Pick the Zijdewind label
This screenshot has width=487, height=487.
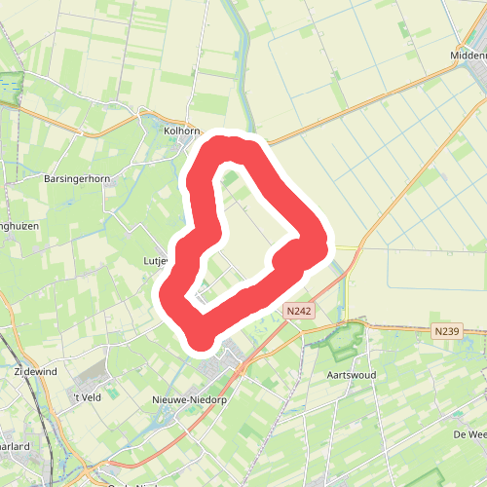pos(35,372)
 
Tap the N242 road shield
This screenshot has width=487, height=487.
pos(298,311)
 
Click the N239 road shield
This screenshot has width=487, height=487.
pos(447,332)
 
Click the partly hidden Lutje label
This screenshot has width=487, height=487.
pos(156,261)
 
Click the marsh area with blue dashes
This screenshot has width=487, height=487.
pos(9,88)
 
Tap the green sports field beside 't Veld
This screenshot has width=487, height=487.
pos(113,393)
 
